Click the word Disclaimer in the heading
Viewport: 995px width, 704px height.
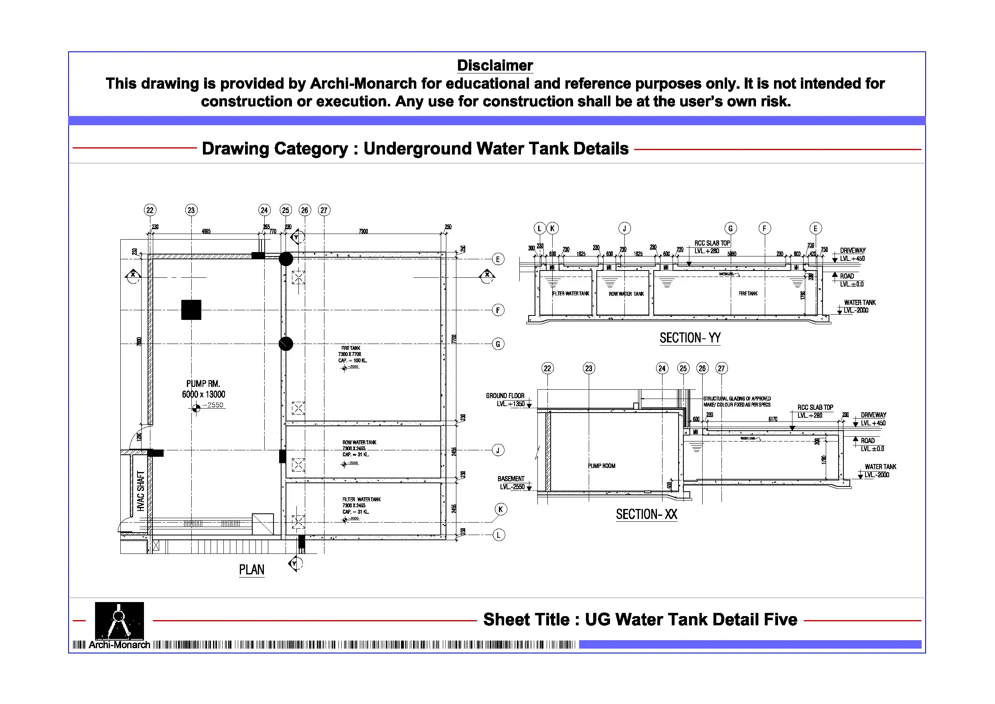(x=494, y=65)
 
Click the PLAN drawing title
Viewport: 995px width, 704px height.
(x=251, y=570)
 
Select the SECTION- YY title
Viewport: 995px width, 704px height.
(x=690, y=338)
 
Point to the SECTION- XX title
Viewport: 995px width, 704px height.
(x=646, y=515)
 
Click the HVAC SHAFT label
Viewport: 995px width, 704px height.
(x=141, y=490)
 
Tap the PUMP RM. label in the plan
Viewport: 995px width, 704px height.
(x=203, y=384)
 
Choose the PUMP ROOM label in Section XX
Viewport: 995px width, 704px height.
(x=602, y=466)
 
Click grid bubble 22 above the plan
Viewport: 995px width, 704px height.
(x=150, y=210)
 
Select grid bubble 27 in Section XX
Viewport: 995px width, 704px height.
(x=721, y=368)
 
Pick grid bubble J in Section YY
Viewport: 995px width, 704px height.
(x=624, y=228)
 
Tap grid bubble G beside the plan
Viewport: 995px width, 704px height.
(x=498, y=344)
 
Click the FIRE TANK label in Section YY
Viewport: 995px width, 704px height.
(x=748, y=294)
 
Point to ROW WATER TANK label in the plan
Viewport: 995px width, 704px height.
(x=359, y=442)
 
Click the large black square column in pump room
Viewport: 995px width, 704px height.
(x=191, y=310)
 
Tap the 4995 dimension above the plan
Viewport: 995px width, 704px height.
(x=206, y=231)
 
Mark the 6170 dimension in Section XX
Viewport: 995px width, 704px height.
(x=773, y=419)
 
